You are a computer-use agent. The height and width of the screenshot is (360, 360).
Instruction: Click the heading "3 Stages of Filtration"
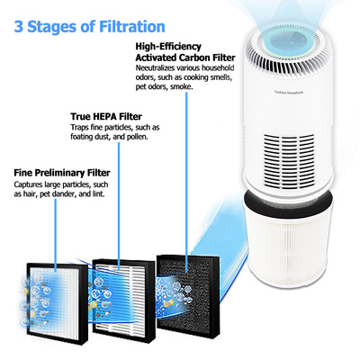point(89,26)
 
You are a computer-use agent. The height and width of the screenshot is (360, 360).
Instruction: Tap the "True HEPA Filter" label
point(106,116)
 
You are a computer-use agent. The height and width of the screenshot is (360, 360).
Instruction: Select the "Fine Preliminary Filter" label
point(62,173)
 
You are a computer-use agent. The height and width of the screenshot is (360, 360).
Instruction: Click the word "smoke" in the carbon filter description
point(181,87)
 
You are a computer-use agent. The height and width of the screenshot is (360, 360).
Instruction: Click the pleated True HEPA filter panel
point(123,300)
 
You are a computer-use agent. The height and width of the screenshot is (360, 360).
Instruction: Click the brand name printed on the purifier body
point(289,93)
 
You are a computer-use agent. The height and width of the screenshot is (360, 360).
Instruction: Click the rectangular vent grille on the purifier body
point(289,160)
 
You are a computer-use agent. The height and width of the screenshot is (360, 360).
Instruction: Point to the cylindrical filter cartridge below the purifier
point(289,240)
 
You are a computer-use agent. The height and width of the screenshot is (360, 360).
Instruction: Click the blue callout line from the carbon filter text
point(186,182)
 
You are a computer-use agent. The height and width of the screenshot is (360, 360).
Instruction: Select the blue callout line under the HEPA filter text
point(119,206)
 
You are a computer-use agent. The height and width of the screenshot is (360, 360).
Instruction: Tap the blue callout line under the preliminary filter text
point(56,236)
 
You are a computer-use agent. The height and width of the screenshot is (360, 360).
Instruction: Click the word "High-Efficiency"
point(168,47)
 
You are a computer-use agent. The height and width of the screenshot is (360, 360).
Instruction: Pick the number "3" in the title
point(19,27)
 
